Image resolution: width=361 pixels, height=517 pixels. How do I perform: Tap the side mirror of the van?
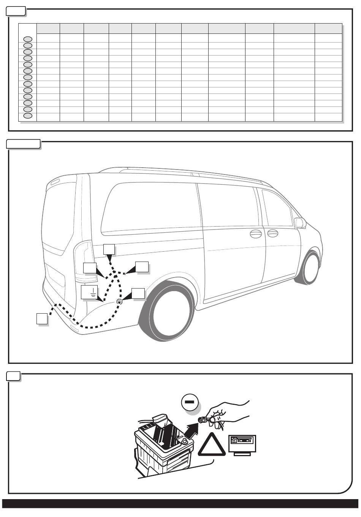300,222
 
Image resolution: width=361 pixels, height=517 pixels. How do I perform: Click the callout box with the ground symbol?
89,292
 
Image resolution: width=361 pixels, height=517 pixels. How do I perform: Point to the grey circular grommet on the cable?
119,301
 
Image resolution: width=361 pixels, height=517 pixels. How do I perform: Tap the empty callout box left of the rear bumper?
42,319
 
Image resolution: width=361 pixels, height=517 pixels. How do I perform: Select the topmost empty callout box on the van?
109,249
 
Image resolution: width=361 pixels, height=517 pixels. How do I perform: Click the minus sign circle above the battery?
190,402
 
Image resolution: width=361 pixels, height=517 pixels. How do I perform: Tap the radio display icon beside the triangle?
242,443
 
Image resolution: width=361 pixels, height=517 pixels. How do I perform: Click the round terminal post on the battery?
184,441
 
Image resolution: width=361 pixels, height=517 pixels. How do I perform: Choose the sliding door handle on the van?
255,233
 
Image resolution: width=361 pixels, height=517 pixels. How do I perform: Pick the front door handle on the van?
273,233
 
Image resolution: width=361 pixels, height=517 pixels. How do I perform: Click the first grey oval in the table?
28,39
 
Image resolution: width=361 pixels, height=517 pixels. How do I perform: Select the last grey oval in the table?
28,116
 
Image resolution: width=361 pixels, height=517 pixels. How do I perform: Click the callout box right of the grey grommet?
138,294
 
